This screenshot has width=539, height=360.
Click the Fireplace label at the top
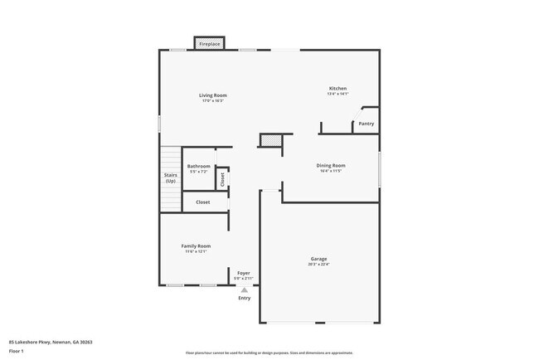pyautogui.click(x=209, y=43)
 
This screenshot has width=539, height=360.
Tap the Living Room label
pyautogui.click(x=212, y=95)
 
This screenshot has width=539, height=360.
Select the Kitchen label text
pyautogui.click(x=337, y=89)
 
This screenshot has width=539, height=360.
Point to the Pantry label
pyautogui.click(x=366, y=124)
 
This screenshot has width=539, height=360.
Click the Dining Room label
pyautogui.click(x=331, y=165)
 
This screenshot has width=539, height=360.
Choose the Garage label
pyautogui.click(x=318, y=259)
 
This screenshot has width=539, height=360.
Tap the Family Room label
pyautogui.click(x=197, y=246)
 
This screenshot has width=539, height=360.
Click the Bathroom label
pyautogui.click(x=199, y=166)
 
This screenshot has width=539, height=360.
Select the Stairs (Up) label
pyautogui.click(x=170, y=178)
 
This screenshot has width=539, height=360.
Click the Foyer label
pyautogui.click(x=244, y=273)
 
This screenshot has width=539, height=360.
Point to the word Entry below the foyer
pyautogui.click(x=245, y=298)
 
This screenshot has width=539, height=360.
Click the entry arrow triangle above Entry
pyautogui.click(x=244, y=289)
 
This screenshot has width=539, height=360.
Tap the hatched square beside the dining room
pyautogui.click(x=270, y=141)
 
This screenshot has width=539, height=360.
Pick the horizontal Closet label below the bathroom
pyautogui.click(x=202, y=202)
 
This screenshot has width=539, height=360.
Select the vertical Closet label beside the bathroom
pyautogui.click(x=222, y=178)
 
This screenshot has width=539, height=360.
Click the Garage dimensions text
pyautogui.click(x=318, y=265)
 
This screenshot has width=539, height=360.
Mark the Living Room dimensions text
pyautogui.click(x=212, y=101)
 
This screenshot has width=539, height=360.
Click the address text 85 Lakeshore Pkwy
pyautogui.click(x=51, y=342)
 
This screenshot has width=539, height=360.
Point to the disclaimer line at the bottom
pyautogui.click(x=269, y=353)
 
